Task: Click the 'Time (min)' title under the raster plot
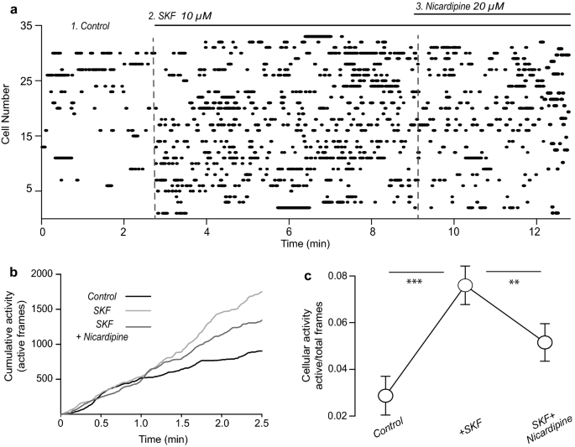click(x=305, y=242)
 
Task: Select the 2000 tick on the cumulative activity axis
click(x=42, y=274)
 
